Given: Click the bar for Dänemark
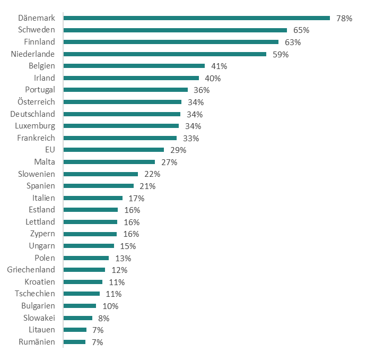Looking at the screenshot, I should click(x=196, y=18).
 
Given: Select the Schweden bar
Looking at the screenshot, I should click(x=175, y=30).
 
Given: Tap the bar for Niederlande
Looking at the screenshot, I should click(x=164, y=54).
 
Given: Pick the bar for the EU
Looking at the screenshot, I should click(x=114, y=150).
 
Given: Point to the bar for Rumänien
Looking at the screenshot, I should click(x=74, y=342).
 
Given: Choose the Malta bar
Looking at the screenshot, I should click(x=109, y=162).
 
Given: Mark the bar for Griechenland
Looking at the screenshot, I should click(x=84, y=270).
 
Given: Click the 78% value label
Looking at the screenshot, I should click(x=344, y=18).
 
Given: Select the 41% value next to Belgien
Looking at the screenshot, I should click(x=219, y=66).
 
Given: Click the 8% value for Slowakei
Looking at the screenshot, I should click(x=103, y=318).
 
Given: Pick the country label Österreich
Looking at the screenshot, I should click(x=36, y=101).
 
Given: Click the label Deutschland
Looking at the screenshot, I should click(x=32, y=114).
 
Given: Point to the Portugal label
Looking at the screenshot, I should click(x=40, y=90).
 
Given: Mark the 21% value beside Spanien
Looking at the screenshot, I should click(x=147, y=186).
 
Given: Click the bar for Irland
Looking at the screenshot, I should click(x=131, y=78).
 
